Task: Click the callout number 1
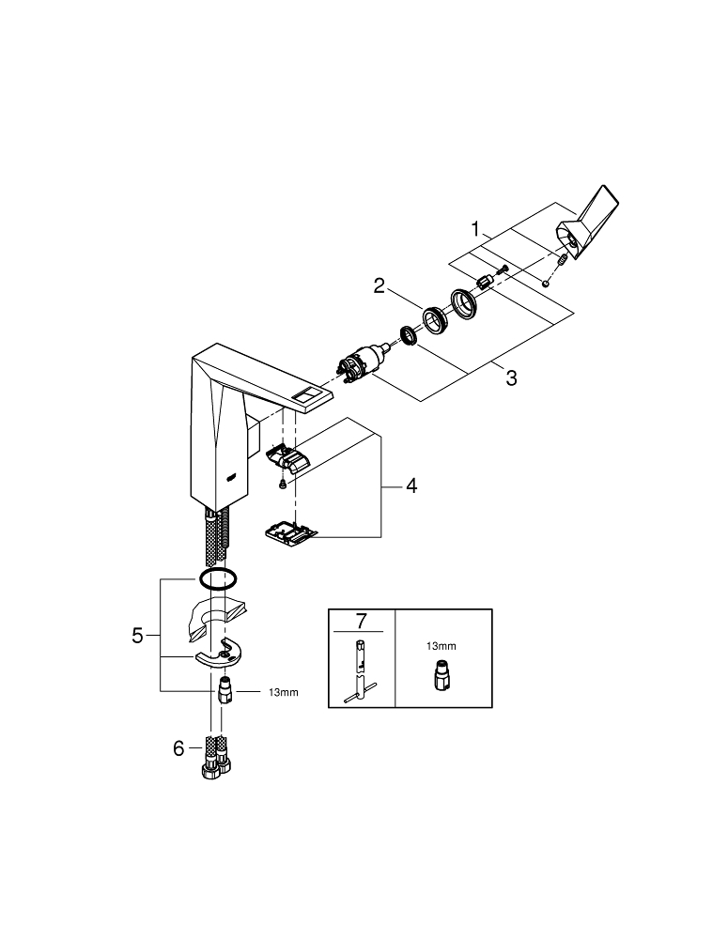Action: tap(475, 228)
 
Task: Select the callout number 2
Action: tap(379, 285)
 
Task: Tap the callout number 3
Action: tap(511, 377)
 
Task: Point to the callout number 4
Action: tap(411, 485)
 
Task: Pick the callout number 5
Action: tap(138, 636)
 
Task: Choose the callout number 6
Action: tap(178, 748)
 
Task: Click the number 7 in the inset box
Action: tap(361, 621)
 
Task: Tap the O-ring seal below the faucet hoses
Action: tap(218, 578)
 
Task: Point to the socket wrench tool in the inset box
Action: tap(361, 670)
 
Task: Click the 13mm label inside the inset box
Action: tap(441, 646)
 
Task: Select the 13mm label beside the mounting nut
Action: tap(284, 692)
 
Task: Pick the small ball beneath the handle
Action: tap(545, 284)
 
